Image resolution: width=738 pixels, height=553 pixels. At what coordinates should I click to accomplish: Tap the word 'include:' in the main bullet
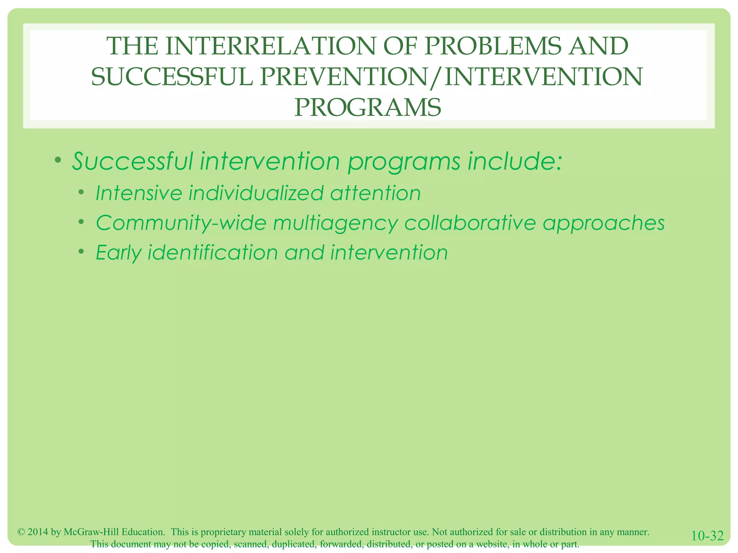pos(515,161)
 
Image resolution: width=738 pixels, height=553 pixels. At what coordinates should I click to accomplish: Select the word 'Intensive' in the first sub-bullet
pos(139,193)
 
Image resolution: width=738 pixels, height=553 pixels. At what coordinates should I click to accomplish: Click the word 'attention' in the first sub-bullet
pos(375,193)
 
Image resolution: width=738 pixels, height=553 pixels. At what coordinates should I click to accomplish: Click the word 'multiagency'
pos(335,224)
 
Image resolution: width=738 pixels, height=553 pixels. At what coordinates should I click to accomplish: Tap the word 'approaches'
pos(604,224)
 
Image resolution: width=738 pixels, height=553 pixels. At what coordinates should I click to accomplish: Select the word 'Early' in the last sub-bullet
pos(119,253)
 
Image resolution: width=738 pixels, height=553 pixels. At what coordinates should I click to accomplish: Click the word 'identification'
pos(213,252)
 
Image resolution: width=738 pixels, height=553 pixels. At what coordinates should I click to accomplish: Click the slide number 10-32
pos(707,536)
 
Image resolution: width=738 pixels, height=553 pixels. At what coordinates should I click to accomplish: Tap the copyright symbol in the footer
pos(21,532)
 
